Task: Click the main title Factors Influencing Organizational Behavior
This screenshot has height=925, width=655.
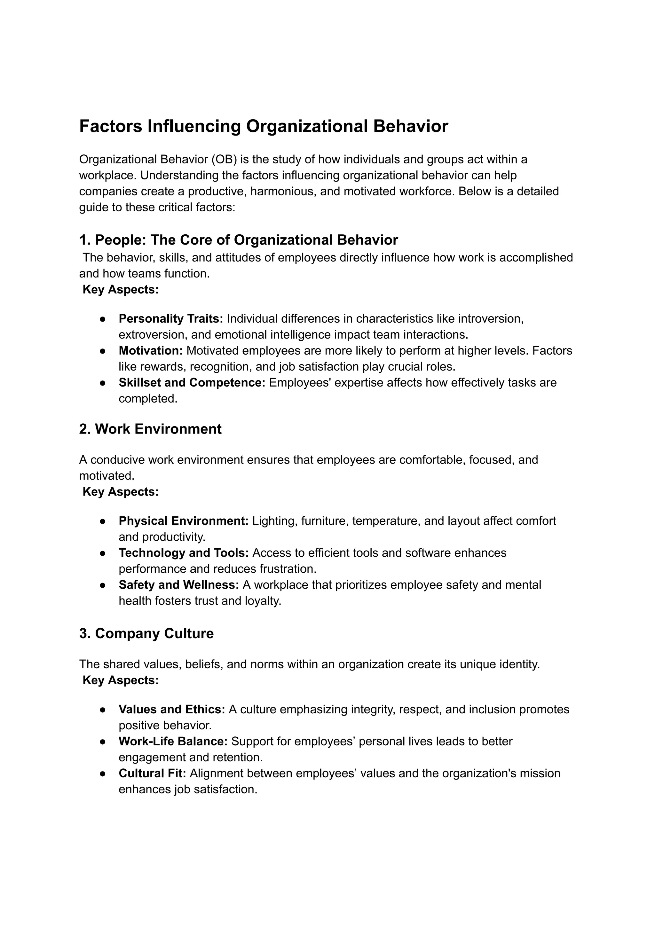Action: pyautogui.click(x=263, y=126)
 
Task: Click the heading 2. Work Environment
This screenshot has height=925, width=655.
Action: pyautogui.click(x=150, y=429)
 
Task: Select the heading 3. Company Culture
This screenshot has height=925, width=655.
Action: pyautogui.click(x=146, y=633)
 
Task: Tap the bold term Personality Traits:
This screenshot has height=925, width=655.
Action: pyautogui.click(x=170, y=319)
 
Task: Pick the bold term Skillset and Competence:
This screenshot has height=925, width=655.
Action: pyautogui.click(x=192, y=383)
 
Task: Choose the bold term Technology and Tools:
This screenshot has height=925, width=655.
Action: pyautogui.click(x=184, y=553)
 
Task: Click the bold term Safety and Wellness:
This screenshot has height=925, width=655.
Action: pyautogui.click(x=179, y=585)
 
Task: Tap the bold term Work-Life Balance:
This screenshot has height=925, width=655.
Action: pyautogui.click(x=173, y=741)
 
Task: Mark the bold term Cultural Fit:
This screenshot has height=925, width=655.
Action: pyautogui.click(x=152, y=773)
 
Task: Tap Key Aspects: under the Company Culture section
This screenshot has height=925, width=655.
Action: pyautogui.click(x=120, y=680)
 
